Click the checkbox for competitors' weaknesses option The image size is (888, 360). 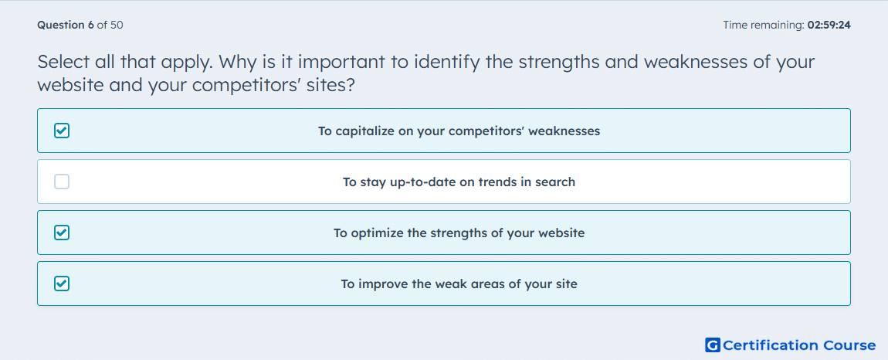click(62, 131)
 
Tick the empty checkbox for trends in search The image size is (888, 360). click(62, 182)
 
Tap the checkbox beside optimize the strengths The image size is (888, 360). click(62, 233)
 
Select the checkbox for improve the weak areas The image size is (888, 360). click(62, 284)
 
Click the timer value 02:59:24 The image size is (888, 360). click(829, 25)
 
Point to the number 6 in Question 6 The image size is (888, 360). click(91, 25)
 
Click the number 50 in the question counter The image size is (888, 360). click(118, 25)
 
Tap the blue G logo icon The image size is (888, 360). click(713, 345)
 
